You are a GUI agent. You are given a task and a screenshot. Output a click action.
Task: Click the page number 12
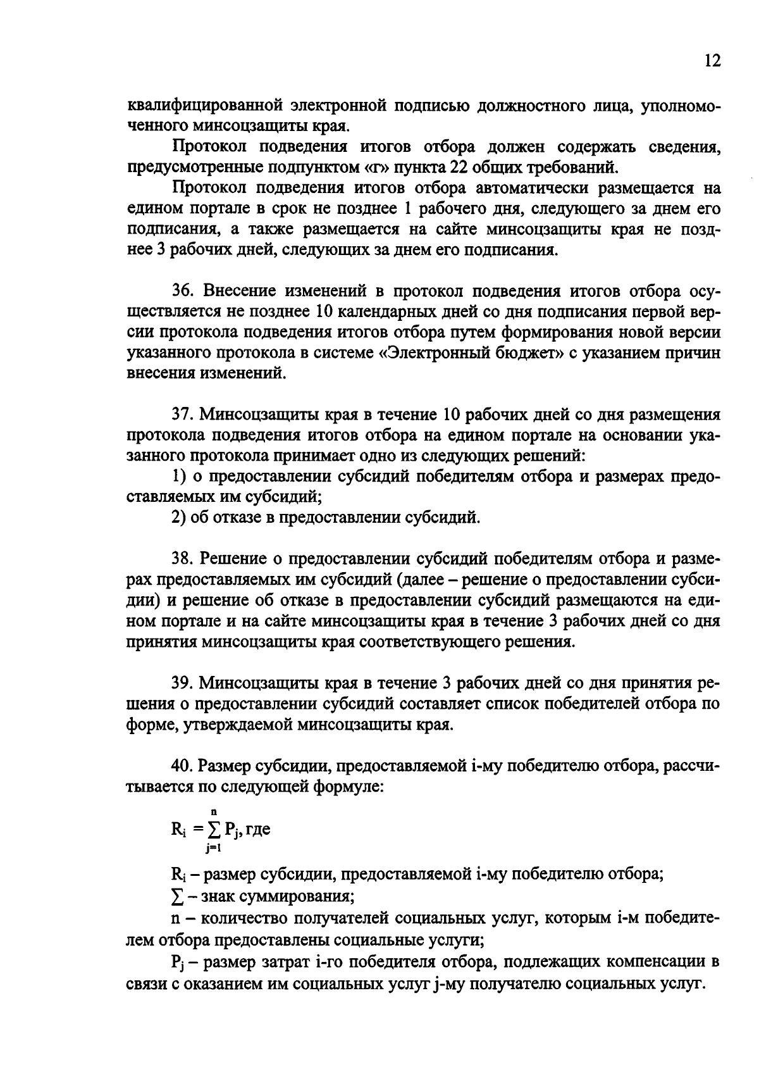[711, 61]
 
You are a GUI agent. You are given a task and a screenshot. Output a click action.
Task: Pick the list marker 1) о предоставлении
[179, 477]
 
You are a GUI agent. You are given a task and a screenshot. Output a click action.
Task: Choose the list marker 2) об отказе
[179, 518]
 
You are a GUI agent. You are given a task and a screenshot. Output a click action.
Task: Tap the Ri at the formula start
[177, 830]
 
